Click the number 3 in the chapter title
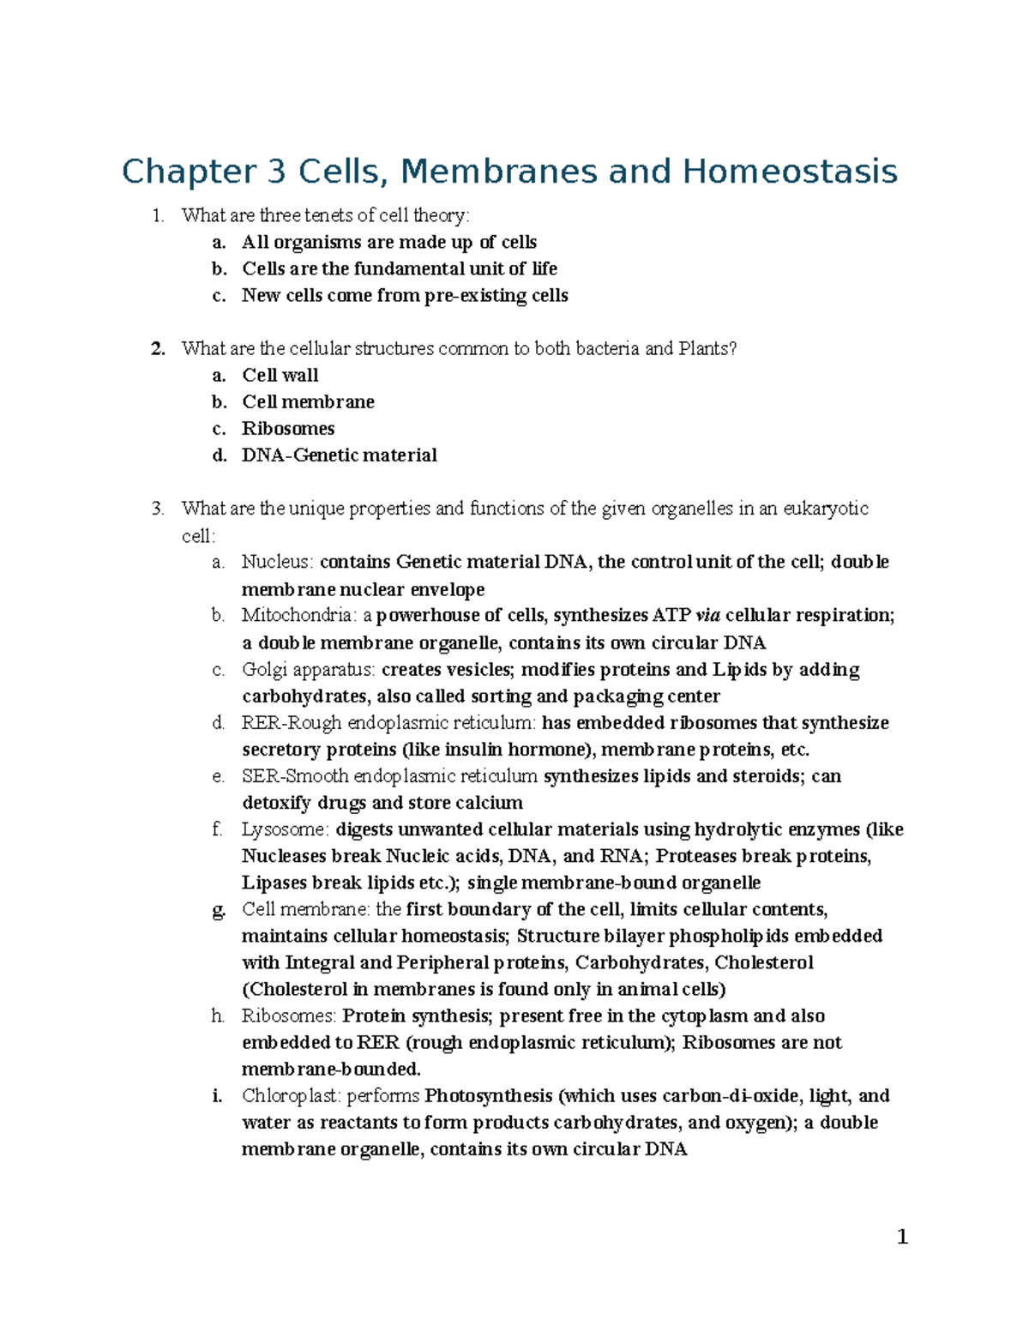[275, 172]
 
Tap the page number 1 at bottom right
[901, 1237]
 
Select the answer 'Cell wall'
[280, 375]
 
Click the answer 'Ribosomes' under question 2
[288, 428]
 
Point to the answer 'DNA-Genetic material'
[339, 455]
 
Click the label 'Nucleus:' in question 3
[278, 562]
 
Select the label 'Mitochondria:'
[298, 615]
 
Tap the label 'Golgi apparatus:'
[309, 669]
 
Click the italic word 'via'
[707, 615]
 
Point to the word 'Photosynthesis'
[489, 1095]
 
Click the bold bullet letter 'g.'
[219, 910]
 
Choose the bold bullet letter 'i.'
[219, 1095]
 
